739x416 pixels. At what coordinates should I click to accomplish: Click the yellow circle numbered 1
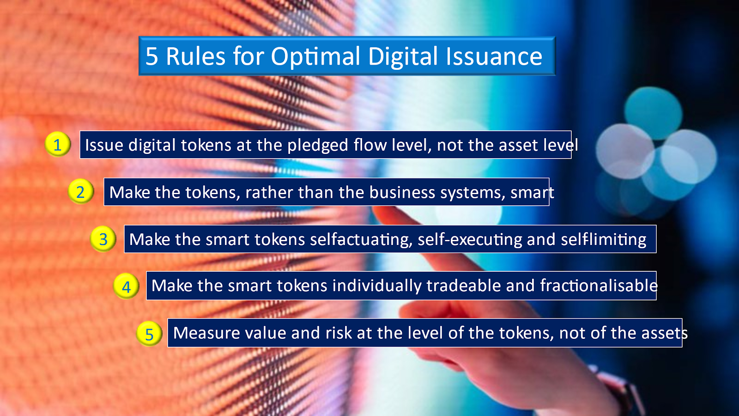(x=58, y=144)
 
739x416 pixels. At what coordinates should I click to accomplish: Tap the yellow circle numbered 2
(x=81, y=191)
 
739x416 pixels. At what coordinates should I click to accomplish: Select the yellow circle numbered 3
(x=103, y=239)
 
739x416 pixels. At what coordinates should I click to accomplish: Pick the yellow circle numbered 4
(x=126, y=286)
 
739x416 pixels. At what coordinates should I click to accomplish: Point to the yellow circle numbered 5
(x=149, y=333)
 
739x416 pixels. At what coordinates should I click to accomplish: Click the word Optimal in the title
(x=315, y=57)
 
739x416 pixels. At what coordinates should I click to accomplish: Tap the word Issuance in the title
(x=494, y=56)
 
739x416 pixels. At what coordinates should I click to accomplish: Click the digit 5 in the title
(x=151, y=56)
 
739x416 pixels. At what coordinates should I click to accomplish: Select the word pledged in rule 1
(x=318, y=146)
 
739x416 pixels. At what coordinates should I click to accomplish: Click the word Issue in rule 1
(x=104, y=145)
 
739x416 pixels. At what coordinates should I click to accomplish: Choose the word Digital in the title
(x=402, y=57)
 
